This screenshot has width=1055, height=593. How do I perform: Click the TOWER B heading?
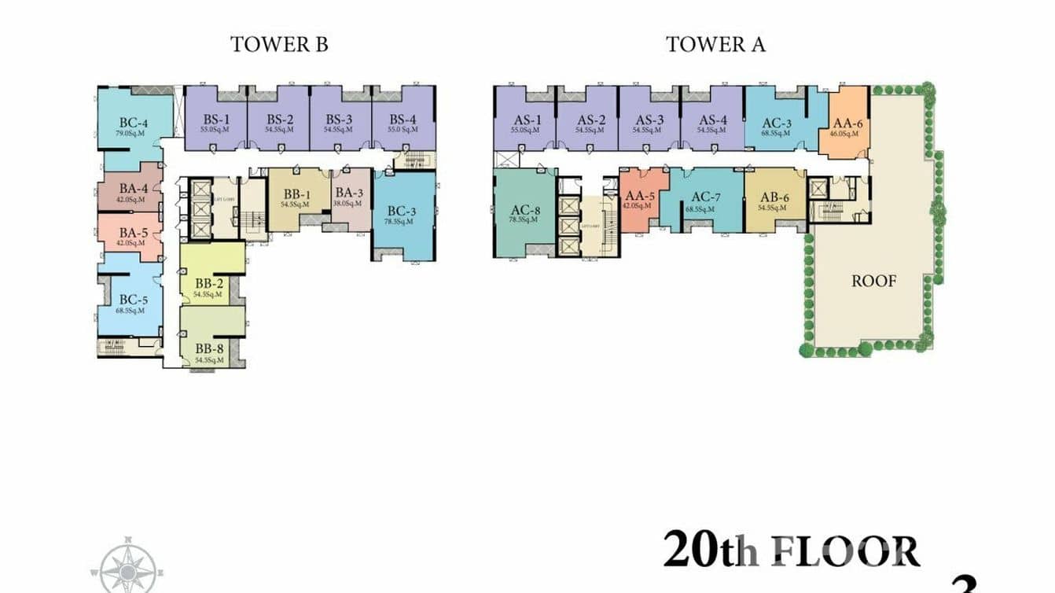(x=279, y=44)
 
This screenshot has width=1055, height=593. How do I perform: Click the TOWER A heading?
(x=715, y=44)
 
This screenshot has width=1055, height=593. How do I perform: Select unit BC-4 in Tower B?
(x=134, y=127)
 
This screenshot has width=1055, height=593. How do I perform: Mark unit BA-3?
(x=350, y=197)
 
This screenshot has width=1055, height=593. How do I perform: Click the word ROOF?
(x=873, y=281)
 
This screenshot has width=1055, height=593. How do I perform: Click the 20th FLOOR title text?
(x=791, y=551)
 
